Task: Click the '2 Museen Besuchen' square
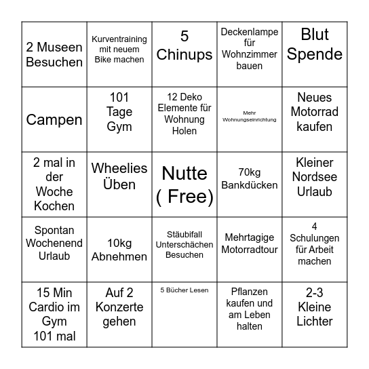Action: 54,54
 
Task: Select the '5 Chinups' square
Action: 184,54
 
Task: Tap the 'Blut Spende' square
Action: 314,54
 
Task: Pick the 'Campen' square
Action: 54,119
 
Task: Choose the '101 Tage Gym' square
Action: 119,119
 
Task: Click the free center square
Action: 184,184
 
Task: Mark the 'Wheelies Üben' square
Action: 119,184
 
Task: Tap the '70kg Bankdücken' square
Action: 249,184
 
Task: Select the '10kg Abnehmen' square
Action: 119,250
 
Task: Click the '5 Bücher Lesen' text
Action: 184,290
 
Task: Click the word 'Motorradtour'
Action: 249,250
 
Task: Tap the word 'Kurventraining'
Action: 119,39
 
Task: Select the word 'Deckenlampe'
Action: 249,31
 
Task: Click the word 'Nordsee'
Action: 314,178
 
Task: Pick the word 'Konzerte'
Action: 119,307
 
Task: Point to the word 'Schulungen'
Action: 314,237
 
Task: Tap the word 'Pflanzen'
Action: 249,292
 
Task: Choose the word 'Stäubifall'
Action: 184,233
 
